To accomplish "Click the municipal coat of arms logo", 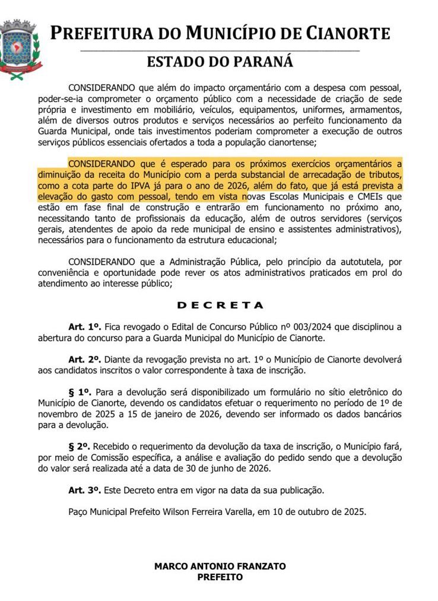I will (19, 49).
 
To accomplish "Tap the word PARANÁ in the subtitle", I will (264, 62).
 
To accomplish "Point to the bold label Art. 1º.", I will (85, 327).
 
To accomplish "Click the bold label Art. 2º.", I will (85, 360).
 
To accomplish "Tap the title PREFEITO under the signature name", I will (220, 577).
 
